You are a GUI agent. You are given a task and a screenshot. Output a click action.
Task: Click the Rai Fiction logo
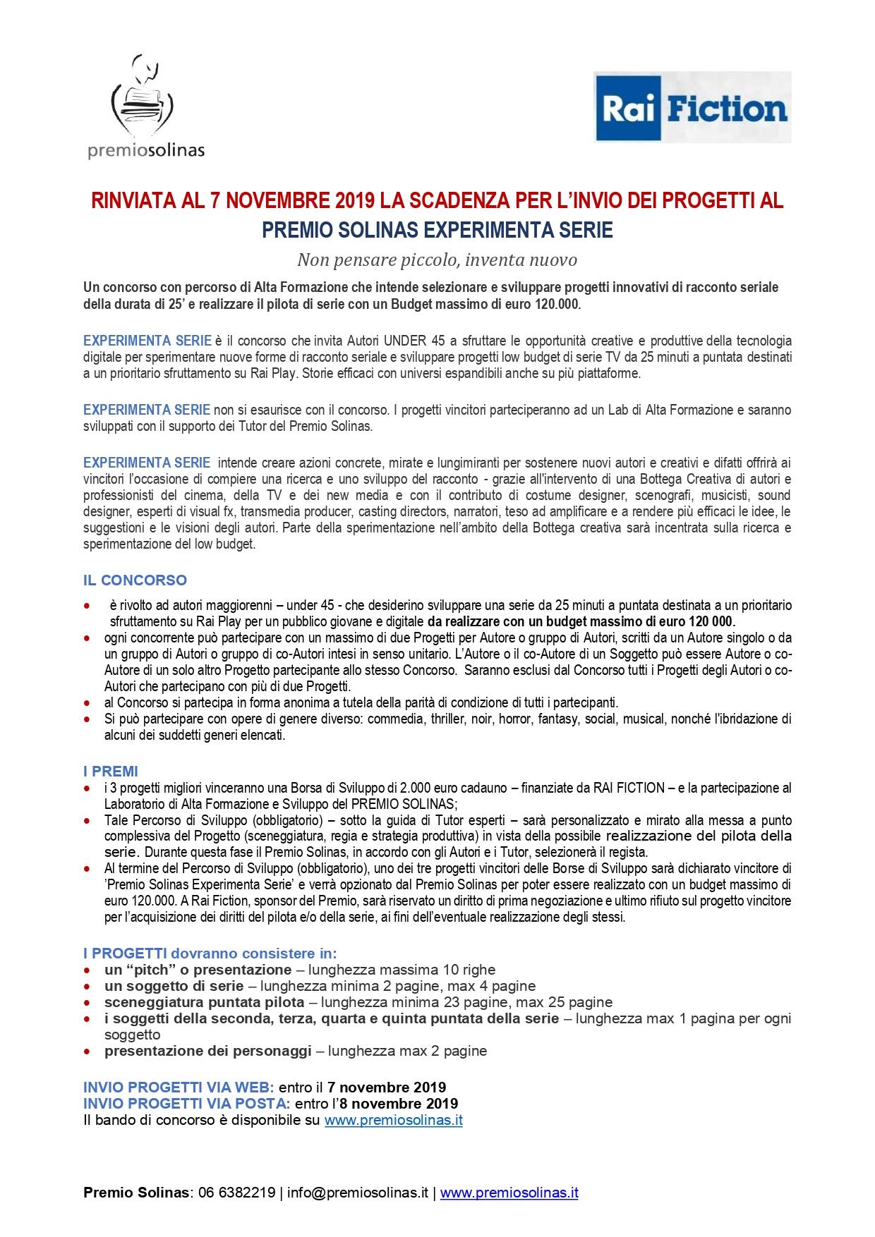(692, 107)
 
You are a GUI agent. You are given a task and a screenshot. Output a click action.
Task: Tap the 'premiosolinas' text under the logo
(146, 150)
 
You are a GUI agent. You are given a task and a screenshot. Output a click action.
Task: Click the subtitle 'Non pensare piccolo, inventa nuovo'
(437, 260)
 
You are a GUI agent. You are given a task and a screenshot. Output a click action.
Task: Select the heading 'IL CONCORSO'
(135, 580)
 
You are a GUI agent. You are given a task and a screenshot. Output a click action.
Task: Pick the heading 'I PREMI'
(111, 772)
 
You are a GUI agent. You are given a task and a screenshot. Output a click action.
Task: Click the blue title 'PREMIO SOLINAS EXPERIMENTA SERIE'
(437, 230)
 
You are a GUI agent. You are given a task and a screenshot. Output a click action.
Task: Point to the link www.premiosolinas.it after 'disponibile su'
(393, 1120)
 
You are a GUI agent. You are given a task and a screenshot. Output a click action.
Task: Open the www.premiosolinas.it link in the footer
(509, 1193)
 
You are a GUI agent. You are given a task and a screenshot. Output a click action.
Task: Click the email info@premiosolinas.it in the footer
(358, 1193)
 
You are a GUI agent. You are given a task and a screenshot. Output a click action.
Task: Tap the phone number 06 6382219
(236, 1193)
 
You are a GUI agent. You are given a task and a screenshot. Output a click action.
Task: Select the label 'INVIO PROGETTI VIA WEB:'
(179, 1087)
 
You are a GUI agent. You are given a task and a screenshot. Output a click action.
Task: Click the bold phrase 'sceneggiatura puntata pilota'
(205, 1002)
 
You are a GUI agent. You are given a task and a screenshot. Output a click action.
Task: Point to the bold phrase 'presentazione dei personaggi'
(207, 1051)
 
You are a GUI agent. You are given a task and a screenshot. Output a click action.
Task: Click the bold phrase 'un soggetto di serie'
(174, 986)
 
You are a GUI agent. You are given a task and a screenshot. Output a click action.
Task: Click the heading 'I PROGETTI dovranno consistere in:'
(210, 953)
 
